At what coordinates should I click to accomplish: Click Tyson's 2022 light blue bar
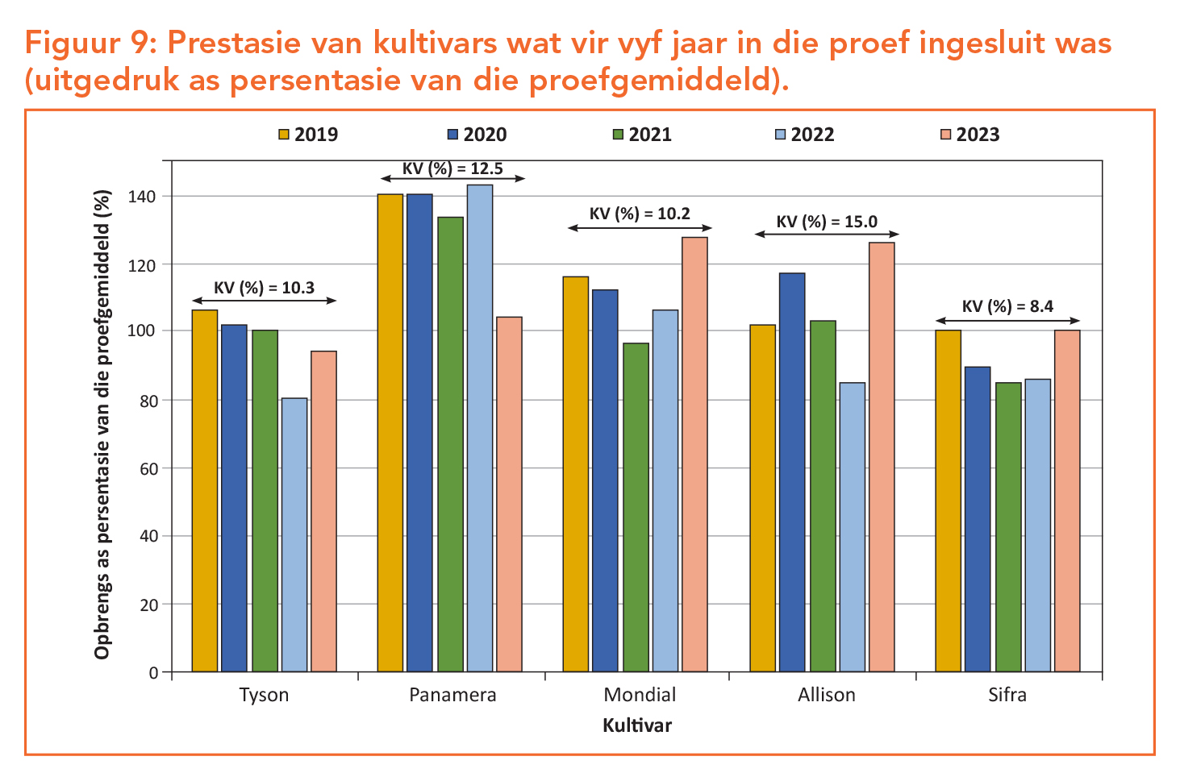294,534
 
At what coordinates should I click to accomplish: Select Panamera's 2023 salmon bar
510,494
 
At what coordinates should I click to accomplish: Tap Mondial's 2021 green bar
636,507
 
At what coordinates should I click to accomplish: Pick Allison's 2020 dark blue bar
792,472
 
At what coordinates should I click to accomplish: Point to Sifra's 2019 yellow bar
949,501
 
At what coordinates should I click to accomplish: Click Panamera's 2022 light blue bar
480,428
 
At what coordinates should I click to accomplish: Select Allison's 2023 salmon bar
882,457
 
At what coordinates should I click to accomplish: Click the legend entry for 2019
308,135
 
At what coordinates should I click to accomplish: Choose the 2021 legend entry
642,135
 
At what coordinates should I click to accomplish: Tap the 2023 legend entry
969,135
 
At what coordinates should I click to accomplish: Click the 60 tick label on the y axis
148,468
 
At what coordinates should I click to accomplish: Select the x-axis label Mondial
640,695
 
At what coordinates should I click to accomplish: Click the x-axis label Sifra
1007,695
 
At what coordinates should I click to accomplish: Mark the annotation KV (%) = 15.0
827,222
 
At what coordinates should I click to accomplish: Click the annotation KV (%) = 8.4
1007,306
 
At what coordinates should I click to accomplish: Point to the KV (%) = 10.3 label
264,288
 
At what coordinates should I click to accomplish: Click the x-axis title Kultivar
637,725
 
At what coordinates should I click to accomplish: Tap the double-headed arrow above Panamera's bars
453,178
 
